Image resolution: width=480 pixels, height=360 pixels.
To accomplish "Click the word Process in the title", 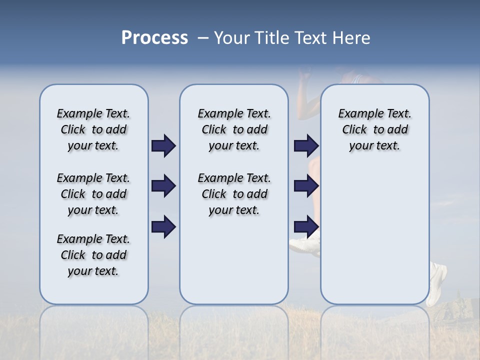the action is point(154,37).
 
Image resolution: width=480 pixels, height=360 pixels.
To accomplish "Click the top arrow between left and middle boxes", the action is point(163,146).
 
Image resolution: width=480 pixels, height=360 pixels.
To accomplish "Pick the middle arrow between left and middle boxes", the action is point(163,186).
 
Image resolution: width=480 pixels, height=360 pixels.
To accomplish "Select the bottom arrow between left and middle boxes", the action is point(163,226).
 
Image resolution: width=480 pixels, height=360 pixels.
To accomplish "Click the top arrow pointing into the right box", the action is point(306,146).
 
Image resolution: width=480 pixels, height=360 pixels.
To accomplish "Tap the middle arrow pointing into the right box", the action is point(306,186).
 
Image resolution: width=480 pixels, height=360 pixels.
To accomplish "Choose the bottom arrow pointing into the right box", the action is point(306,226).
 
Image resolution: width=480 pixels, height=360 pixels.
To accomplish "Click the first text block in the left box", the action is point(93,129).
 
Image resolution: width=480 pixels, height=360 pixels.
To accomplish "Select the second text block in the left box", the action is point(93,194).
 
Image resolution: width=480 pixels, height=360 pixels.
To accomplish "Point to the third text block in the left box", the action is point(93,255).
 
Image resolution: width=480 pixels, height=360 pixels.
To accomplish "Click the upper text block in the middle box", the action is point(234,129).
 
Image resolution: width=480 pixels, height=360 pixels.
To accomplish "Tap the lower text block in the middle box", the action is point(234,194).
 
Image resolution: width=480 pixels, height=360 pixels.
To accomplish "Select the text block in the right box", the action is point(374,129).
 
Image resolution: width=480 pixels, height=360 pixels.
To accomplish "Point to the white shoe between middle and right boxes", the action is point(304,245).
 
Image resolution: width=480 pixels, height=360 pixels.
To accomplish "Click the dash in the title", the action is point(203,38).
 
